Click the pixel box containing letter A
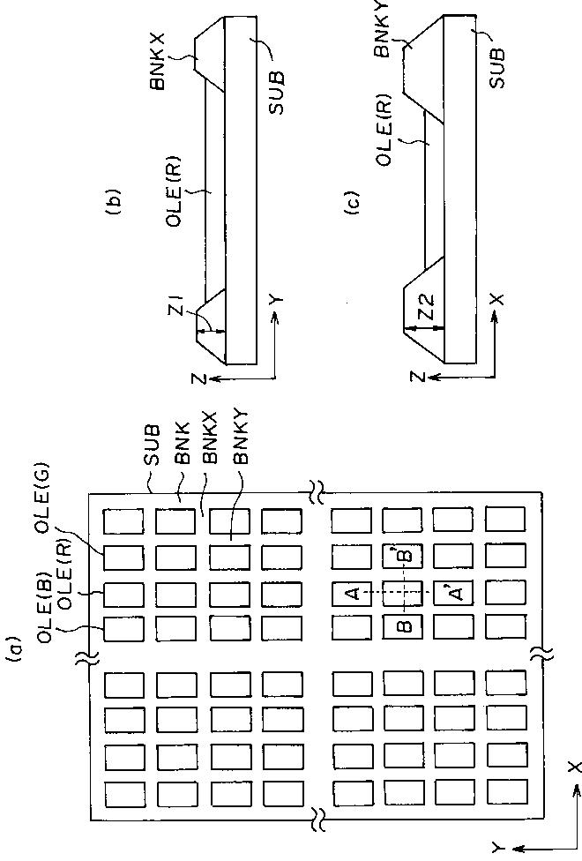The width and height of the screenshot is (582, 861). (351, 594)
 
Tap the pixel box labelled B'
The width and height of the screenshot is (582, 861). (402, 558)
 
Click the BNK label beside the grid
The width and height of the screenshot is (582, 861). (183, 447)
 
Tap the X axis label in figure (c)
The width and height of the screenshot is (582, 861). (497, 300)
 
